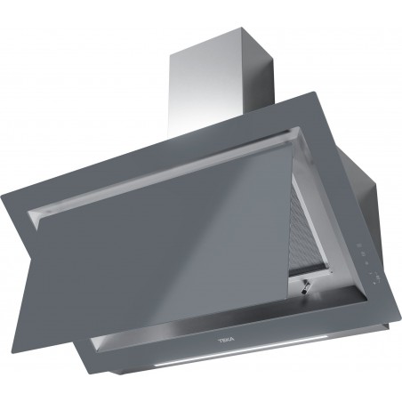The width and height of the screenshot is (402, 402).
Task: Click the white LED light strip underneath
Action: pyautogui.click(x=205, y=366)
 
